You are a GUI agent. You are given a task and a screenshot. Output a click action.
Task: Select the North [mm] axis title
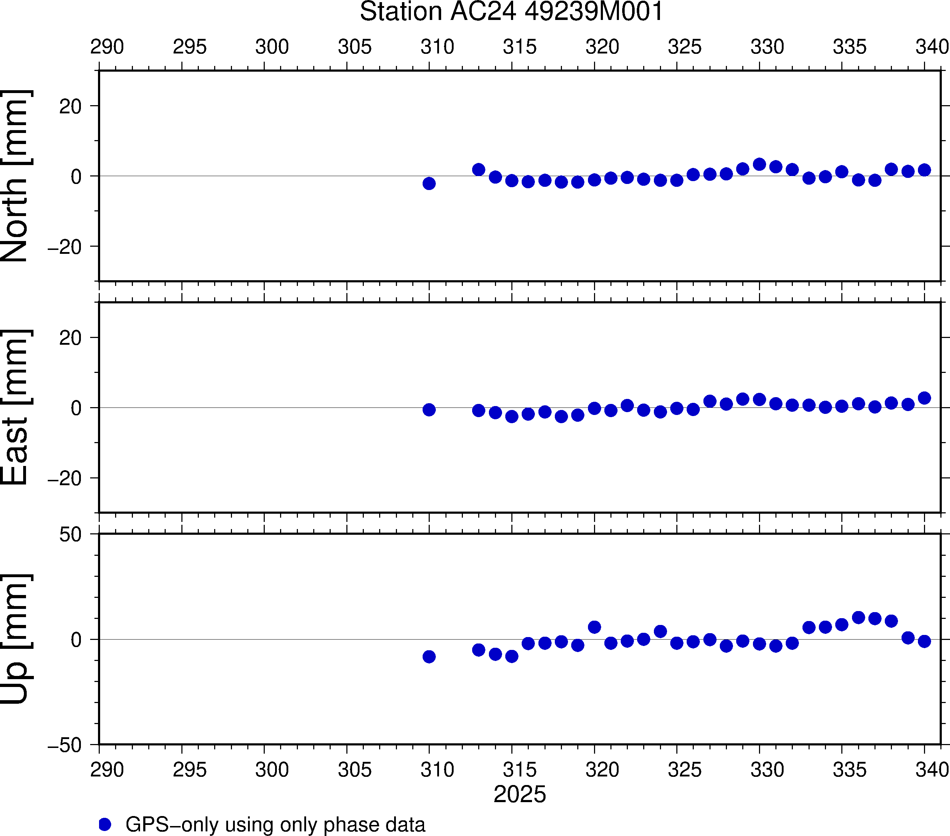(15, 176)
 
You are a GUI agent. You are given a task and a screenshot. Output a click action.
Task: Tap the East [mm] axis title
(15, 407)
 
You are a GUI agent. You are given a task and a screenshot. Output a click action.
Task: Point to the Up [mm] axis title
(15, 639)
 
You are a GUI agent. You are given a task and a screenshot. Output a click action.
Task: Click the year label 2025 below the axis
(520, 794)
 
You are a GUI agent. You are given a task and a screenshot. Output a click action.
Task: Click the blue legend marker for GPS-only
(105, 824)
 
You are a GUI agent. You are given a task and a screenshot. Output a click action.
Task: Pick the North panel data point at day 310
(429, 184)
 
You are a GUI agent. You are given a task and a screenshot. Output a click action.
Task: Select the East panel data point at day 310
(429, 410)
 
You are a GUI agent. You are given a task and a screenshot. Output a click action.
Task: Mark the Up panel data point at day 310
(429, 657)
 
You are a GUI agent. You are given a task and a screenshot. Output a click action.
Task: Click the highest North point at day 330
(759, 164)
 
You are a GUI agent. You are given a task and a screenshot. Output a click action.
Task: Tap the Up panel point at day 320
(594, 627)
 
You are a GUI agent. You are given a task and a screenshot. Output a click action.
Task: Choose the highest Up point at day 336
(858, 617)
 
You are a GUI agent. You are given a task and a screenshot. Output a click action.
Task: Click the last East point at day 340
(924, 398)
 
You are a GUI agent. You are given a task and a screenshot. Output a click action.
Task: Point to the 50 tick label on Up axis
(71, 535)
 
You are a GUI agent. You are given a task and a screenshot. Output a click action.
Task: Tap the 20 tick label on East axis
(71, 338)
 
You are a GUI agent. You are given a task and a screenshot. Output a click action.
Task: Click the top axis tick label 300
(272, 46)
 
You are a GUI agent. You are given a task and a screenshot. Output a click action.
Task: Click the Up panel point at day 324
(660, 631)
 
